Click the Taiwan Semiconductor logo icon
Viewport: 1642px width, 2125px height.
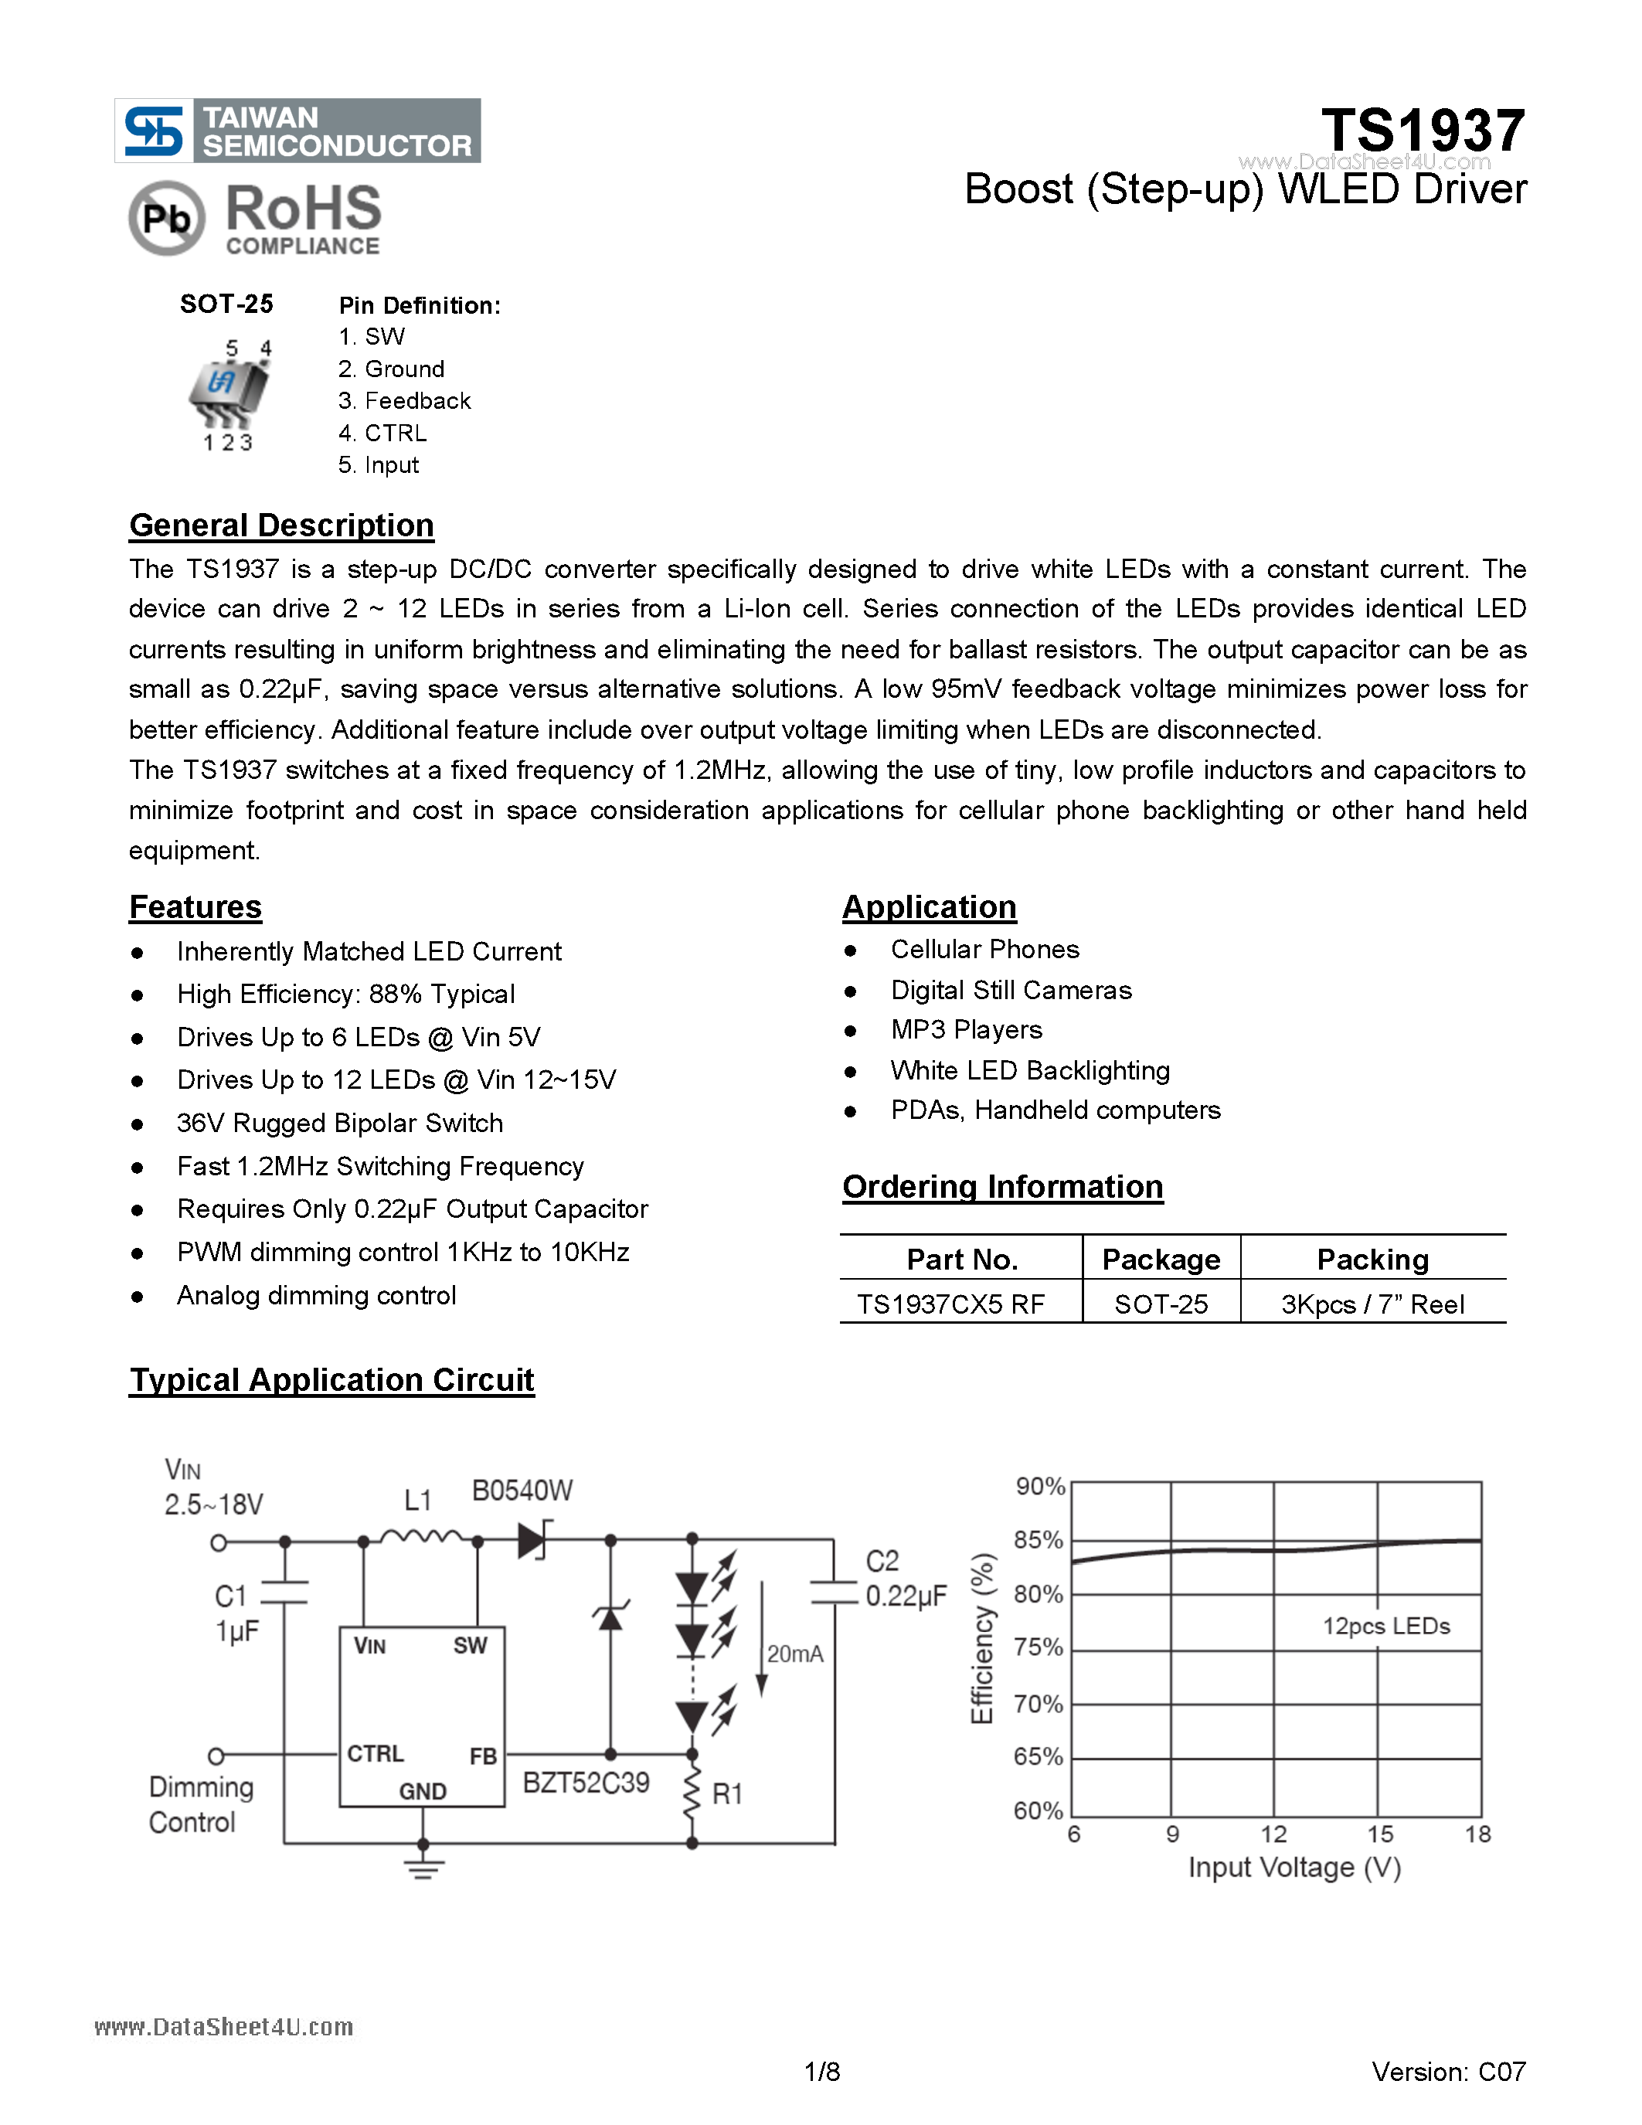(x=154, y=131)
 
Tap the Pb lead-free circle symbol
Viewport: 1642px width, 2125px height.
(x=166, y=218)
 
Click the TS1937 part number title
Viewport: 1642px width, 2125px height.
(x=1422, y=131)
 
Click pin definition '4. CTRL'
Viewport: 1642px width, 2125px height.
(x=382, y=433)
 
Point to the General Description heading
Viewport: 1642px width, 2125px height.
(x=281, y=525)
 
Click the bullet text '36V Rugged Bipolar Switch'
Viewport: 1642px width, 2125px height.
(x=339, y=1123)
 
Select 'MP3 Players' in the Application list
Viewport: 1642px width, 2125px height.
(x=966, y=1029)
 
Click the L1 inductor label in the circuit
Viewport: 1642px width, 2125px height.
(x=417, y=1501)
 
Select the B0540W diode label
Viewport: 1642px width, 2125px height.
(x=522, y=1491)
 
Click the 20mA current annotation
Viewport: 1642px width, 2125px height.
(x=795, y=1654)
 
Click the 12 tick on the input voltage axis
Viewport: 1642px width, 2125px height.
(x=1273, y=1834)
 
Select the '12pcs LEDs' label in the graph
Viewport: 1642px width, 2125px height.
(x=1385, y=1626)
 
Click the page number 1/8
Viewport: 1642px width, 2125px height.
(x=822, y=2072)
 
